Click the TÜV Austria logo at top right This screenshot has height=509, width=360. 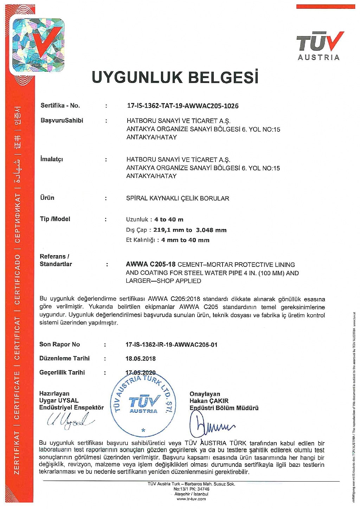click(x=319, y=46)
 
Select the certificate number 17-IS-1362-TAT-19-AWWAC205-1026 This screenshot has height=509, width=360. click(x=182, y=106)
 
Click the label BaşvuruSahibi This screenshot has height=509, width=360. click(x=62, y=121)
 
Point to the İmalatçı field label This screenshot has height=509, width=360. click(x=51, y=159)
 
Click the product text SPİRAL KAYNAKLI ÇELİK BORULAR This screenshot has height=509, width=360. click(x=178, y=198)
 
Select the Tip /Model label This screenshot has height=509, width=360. click(x=55, y=219)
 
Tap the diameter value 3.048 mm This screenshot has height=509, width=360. click(x=211, y=230)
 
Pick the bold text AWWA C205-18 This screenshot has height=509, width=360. click(x=150, y=264)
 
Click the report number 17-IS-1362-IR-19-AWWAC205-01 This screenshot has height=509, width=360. click(x=171, y=345)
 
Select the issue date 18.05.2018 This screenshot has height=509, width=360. click(x=141, y=359)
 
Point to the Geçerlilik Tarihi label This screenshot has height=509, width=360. click(x=62, y=373)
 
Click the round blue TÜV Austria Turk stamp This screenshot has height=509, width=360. click(x=143, y=404)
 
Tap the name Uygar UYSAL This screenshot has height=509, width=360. click(x=59, y=401)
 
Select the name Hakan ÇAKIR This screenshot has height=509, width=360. click(x=209, y=401)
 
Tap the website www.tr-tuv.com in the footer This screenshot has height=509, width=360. click(x=191, y=499)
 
